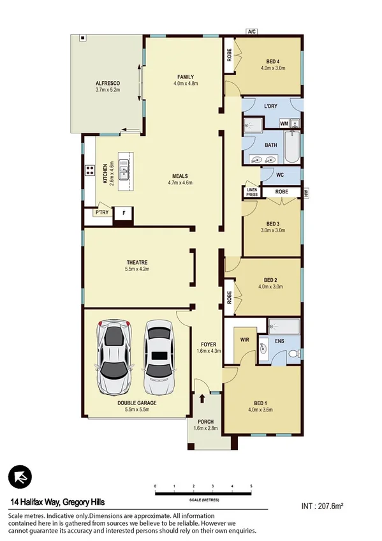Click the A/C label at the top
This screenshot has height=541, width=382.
(253, 31)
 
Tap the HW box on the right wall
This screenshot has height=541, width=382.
(307, 192)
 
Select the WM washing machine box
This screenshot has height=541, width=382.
(283, 122)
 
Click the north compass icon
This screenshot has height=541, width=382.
(20, 477)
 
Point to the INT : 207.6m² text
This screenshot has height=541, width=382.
(322, 506)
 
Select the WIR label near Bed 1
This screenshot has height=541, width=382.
(244, 339)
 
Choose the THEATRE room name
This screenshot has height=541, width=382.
(137, 262)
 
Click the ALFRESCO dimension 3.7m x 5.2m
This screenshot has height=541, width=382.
(108, 90)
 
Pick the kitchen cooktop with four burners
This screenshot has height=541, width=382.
(89, 170)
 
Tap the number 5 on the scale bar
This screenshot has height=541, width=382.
(252, 486)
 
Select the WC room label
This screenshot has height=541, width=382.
(280, 174)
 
